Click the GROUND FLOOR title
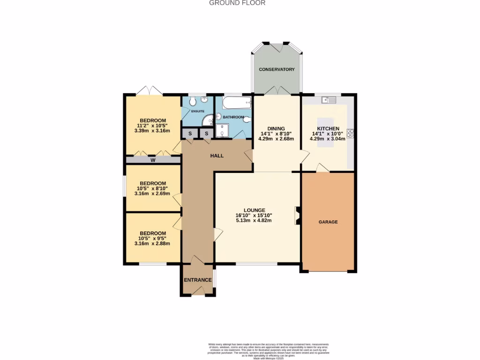tap(237, 3)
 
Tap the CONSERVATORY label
tap(277, 69)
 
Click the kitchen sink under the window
tap(329, 100)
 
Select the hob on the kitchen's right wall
tap(350, 133)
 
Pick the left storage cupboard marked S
tap(190, 134)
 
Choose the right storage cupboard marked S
tap(206, 134)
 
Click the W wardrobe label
tap(153, 160)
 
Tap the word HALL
tap(217, 156)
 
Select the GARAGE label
tap(328, 222)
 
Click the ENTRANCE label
tap(198, 280)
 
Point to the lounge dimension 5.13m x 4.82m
tap(255, 221)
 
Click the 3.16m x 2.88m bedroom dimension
tap(152, 243)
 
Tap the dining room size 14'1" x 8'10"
tap(276, 134)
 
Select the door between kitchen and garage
tap(322, 168)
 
